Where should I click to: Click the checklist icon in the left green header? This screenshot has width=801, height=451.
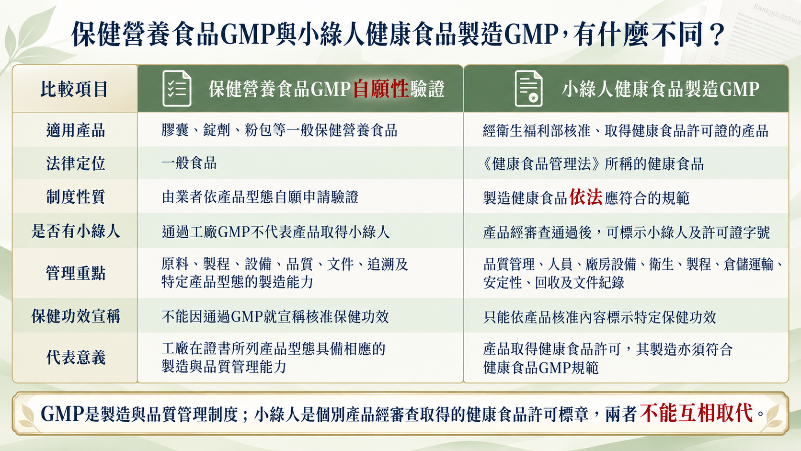pos(177,88)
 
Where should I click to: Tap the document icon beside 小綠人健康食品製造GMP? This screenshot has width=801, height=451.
pos(528,88)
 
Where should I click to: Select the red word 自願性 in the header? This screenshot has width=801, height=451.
pos(381,89)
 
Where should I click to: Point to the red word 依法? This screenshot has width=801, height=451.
pos(586,197)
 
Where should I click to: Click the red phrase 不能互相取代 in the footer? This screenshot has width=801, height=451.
pos(697,414)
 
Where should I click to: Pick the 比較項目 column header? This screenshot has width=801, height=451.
pos(74,89)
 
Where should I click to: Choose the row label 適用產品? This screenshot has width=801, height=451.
pos(75,130)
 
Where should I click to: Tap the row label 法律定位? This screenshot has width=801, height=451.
pos(75,163)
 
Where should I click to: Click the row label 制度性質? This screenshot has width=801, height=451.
pos(75,197)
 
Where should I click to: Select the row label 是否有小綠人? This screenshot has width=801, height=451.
pos(75,231)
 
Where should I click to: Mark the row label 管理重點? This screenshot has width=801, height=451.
pos(75,273)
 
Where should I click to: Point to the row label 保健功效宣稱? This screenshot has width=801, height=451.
pos(75,316)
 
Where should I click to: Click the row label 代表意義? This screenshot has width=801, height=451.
pos(75,357)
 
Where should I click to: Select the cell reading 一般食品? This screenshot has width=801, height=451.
pos(189,163)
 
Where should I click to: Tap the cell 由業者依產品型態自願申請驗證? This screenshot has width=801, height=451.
pos(260,197)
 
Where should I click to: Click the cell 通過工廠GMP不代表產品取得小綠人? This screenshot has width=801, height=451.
pos(275,232)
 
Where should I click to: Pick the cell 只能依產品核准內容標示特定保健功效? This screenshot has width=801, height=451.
pos(600,317)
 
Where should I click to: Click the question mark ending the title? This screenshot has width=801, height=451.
pos(716,35)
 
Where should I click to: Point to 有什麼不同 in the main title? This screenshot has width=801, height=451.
pos(638,35)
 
